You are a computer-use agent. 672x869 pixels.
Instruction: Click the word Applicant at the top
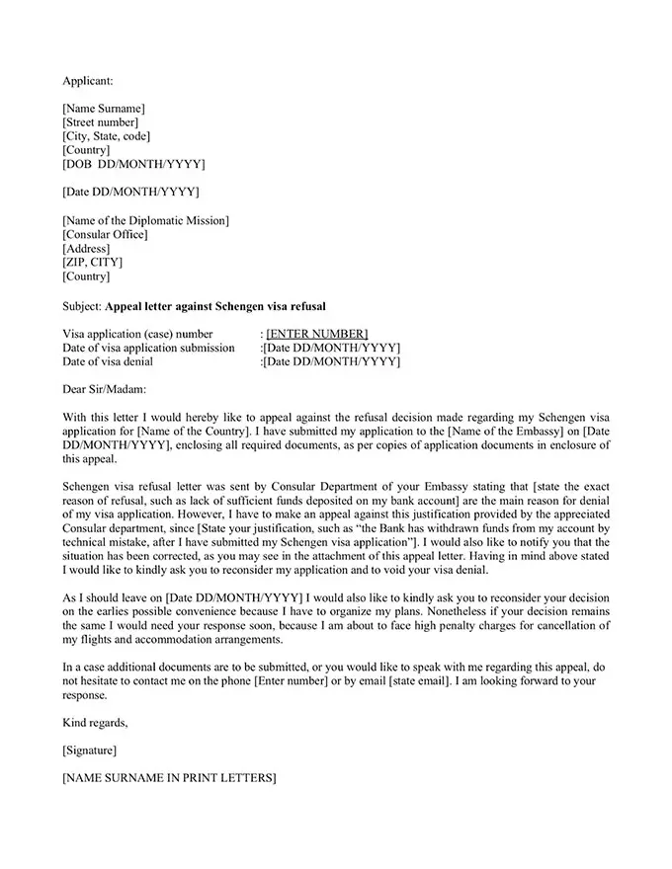click(88, 79)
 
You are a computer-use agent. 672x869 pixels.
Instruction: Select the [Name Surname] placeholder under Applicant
click(103, 108)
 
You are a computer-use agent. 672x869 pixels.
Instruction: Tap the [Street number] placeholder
click(100, 122)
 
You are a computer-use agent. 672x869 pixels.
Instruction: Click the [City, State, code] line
click(107, 136)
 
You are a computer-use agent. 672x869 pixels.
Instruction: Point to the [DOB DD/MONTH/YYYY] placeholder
click(133, 164)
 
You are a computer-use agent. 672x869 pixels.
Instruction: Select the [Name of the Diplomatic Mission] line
click(145, 220)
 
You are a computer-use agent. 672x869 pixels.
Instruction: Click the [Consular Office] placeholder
click(105, 234)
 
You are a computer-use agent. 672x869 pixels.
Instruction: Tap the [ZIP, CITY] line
click(93, 263)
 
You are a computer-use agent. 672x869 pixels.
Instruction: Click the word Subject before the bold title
click(81, 305)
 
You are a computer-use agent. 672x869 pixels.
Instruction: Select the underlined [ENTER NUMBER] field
click(317, 334)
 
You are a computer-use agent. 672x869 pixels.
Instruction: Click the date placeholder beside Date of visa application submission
click(331, 348)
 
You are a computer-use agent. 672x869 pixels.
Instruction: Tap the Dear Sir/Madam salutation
click(103, 390)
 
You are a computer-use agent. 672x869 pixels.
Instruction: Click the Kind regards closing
click(95, 723)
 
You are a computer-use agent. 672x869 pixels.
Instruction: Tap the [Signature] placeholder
click(89, 751)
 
